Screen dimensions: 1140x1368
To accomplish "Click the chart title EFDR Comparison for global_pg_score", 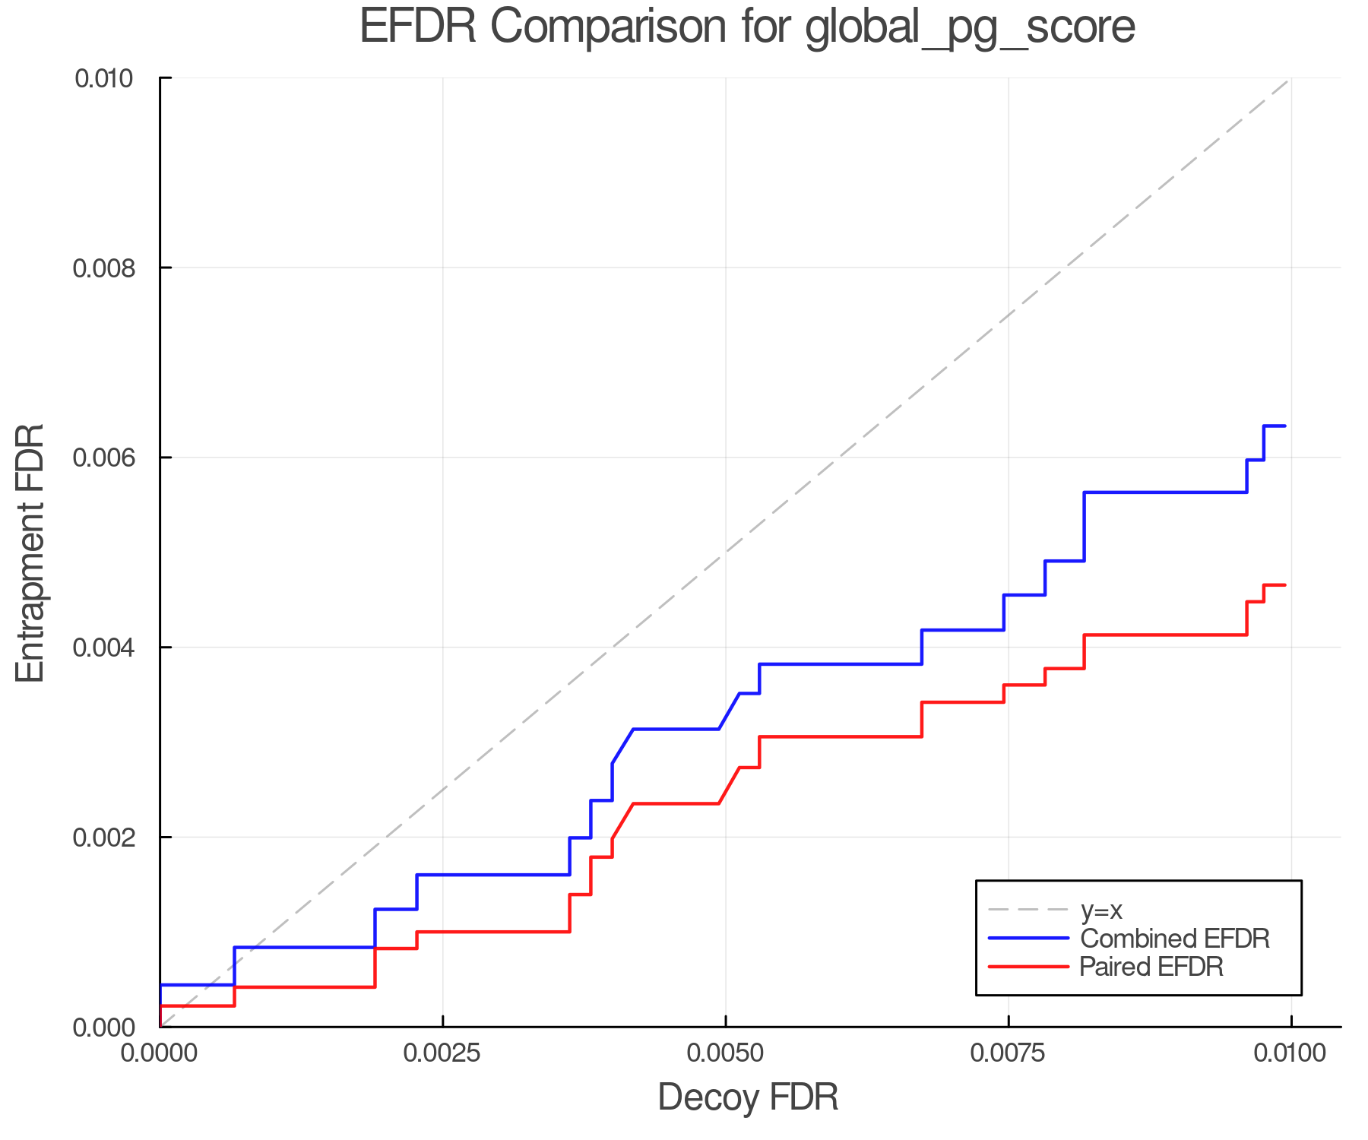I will coord(747,27).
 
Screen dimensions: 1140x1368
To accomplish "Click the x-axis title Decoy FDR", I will coord(748,1097).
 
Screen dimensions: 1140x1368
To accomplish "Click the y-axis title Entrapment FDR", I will coord(31,553).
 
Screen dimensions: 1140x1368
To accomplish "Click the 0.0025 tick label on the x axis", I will coord(443,1053).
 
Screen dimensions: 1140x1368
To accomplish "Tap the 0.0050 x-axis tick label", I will coord(726,1053).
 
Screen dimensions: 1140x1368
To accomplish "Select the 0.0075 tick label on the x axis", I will coord(1009,1053).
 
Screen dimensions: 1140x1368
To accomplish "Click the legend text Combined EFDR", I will coord(1175,939).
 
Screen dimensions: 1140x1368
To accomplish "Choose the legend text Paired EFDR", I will coord(1151,967).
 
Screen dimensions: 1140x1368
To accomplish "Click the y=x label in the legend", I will coord(1101,910).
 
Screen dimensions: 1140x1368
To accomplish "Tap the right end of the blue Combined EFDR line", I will coord(1284,426).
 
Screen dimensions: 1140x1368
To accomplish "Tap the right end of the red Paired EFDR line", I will coord(1284,585).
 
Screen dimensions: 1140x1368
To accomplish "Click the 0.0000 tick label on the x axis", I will coord(160,1053).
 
